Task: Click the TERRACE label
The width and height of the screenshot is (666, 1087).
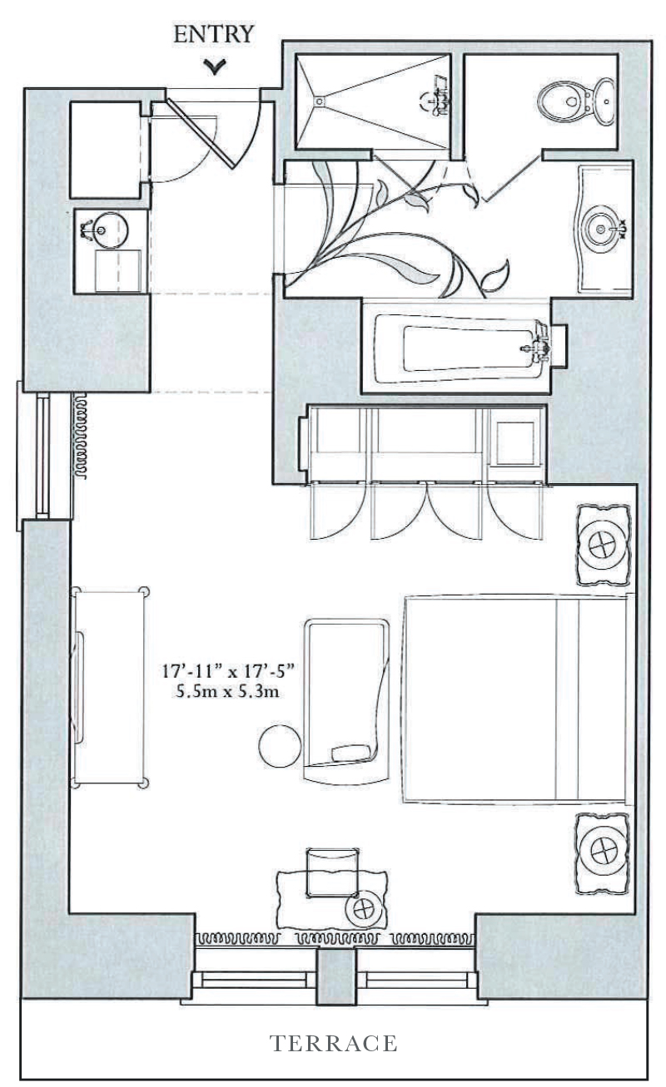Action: coord(333,1043)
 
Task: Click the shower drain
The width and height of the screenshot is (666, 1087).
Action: coord(317,100)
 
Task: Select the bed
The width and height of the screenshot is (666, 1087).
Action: coord(516,699)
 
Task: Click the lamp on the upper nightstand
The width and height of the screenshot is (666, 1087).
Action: coord(601,546)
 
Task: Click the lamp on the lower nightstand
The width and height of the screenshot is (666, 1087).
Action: coord(601,852)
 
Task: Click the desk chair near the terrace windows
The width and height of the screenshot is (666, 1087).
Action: coord(333,872)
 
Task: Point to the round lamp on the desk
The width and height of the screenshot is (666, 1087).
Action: coord(364,908)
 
